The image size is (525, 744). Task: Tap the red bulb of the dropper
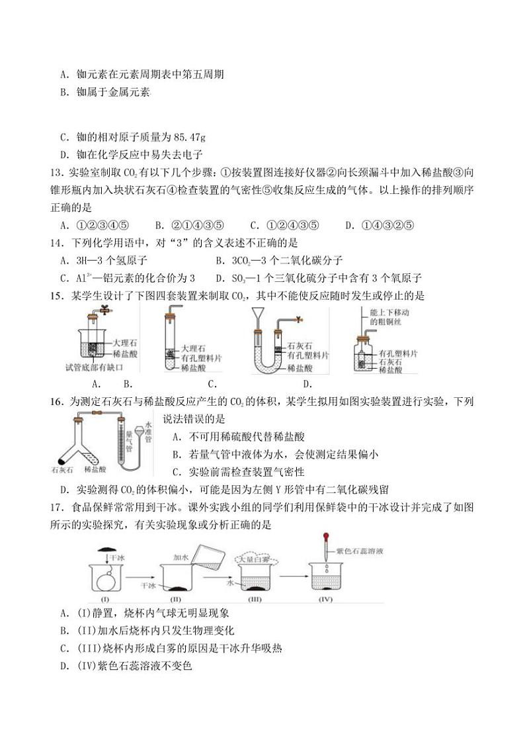pyautogui.click(x=326, y=537)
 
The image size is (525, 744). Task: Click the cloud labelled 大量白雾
pyautogui.click(x=255, y=560)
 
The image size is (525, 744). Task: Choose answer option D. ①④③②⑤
pyautogui.click(x=380, y=225)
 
